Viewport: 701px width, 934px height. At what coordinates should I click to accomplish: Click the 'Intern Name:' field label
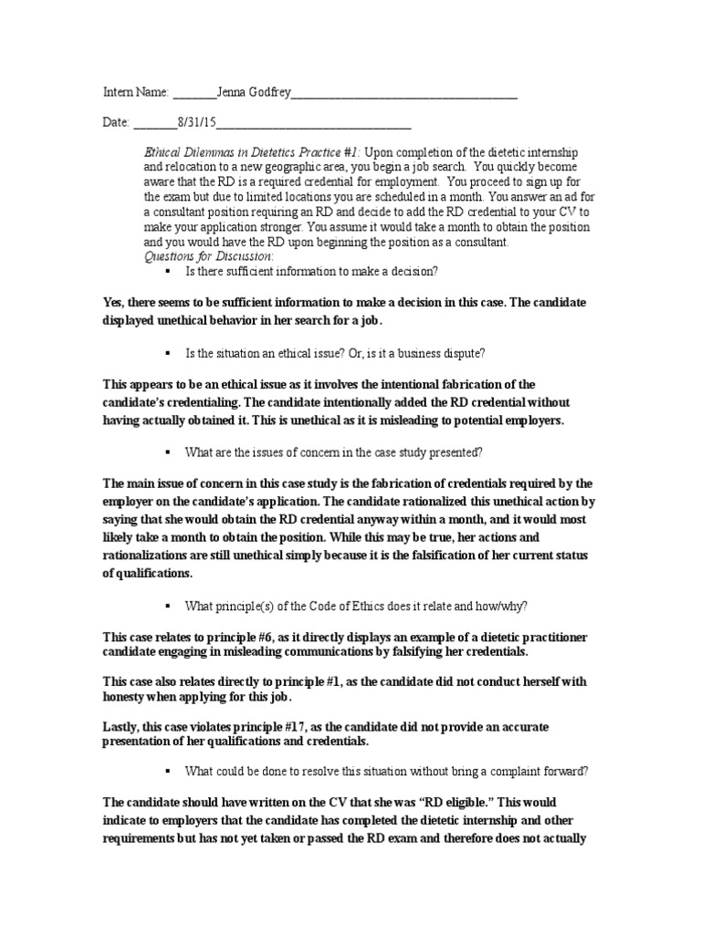click(135, 92)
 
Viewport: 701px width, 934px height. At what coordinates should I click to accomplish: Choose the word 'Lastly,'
click(121, 726)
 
